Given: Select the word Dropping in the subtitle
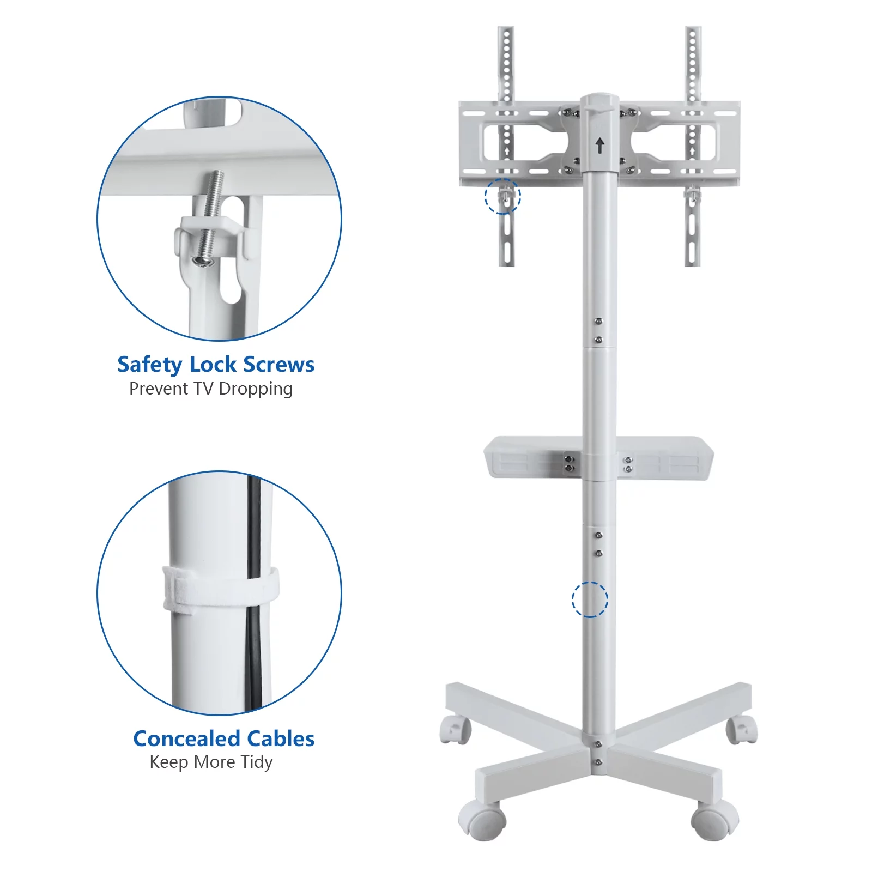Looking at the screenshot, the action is point(256,389).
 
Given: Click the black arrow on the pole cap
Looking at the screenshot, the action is point(599,145).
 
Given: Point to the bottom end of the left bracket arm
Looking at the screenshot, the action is point(507,264).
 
